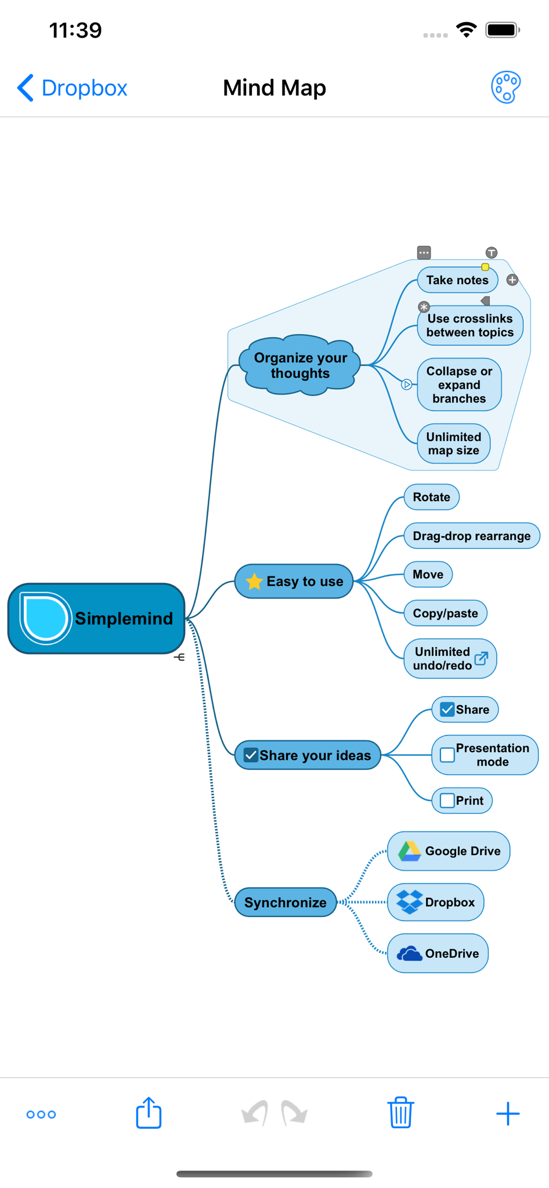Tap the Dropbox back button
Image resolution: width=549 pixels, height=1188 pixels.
click(x=72, y=88)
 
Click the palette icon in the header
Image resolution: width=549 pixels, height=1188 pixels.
click(x=506, y=88)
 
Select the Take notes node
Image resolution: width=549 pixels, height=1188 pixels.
click(x=457, y=280)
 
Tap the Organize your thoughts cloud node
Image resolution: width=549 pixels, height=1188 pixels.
click(x=301, y=365)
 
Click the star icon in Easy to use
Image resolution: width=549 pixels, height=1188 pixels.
click(x=254, y=581)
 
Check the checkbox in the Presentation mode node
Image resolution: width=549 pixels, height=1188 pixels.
click(x=447, y=755)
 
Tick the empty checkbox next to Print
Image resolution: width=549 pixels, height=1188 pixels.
click(x=447, y=801)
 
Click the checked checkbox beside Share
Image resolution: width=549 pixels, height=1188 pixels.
click(x=447, y=709)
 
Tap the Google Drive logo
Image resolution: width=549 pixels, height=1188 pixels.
click(x=410, y=851)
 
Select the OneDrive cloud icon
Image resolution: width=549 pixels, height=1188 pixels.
click(x=410, y=954)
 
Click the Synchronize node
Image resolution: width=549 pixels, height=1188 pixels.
click(x=286, y=903)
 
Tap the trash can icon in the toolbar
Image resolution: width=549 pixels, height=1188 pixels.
click(x=400, y=1113)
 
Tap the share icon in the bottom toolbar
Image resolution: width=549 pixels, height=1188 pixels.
click(x=149, y=1113)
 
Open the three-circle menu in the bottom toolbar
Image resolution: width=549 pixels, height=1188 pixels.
click(x=41, y=1114)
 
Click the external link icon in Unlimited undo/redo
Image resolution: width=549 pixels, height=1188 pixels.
click(x=481, y=658)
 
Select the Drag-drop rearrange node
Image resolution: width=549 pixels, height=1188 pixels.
click(x=472, y=536)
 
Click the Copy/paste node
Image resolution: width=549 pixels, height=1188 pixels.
click(x=445, y=613)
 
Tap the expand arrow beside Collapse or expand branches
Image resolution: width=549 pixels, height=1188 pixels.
click(x=407, y=384)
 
